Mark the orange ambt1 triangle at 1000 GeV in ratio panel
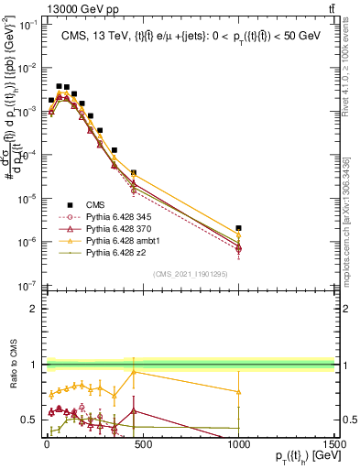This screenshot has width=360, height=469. tap(238, 391)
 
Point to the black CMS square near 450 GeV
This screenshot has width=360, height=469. tap(134, 172)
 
